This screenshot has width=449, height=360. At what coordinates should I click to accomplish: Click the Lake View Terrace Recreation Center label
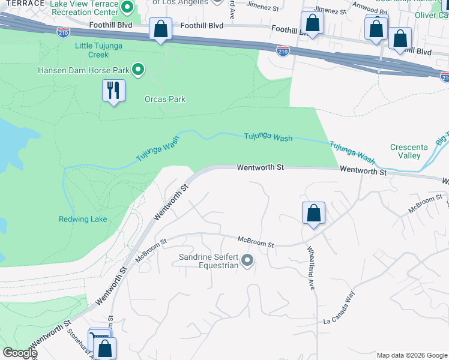[84, 8]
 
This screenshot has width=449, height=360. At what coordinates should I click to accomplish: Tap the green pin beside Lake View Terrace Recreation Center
[127, 8]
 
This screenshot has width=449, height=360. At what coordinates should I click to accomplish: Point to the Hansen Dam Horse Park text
[83, 70]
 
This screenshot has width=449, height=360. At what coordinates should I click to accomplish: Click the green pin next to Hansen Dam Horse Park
[138, 70]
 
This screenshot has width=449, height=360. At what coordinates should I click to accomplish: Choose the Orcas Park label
[165, 100]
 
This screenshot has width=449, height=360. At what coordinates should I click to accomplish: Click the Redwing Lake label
[83, 219]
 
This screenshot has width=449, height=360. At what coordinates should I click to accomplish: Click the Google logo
[19, 353]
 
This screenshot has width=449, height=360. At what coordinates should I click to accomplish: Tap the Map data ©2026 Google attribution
[412, 355]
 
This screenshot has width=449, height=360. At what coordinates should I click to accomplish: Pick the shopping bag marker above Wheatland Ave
[313, 213]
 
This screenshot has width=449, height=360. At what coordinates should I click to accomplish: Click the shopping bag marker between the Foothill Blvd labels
[160, 29]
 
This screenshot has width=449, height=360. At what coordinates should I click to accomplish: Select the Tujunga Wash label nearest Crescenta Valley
[352, 152]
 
